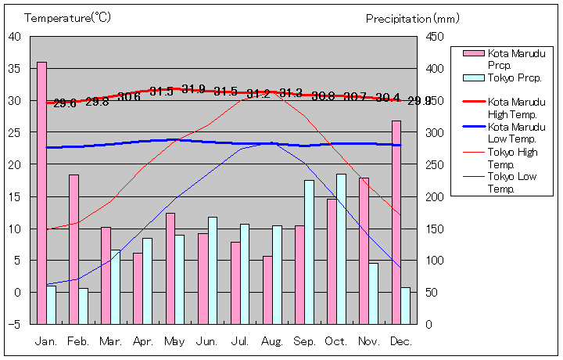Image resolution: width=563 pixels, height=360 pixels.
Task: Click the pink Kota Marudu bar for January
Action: tap(41, 192)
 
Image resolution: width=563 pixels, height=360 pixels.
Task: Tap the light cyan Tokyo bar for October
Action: tap(341, 248)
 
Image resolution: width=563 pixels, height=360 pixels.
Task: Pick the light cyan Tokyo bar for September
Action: tap(309, 251)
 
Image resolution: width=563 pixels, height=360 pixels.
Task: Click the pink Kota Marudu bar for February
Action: tap(74, 248)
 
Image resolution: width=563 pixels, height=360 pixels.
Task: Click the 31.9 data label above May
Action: tap(193, 88)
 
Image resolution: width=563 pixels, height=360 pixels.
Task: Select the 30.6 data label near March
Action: tap(129, 97)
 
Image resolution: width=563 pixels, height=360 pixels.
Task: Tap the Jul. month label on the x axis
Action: tap(240, 341)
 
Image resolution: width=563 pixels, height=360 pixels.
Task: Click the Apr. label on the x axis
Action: tap(143, 341)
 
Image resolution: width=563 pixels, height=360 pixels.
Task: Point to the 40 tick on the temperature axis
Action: tap(15, 36)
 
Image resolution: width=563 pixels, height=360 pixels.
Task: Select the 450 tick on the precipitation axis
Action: tap(436, 37)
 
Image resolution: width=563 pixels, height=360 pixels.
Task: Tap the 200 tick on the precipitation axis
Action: tap(436, 196)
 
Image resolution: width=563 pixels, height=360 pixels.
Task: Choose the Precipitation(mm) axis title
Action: tap(412, 18)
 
